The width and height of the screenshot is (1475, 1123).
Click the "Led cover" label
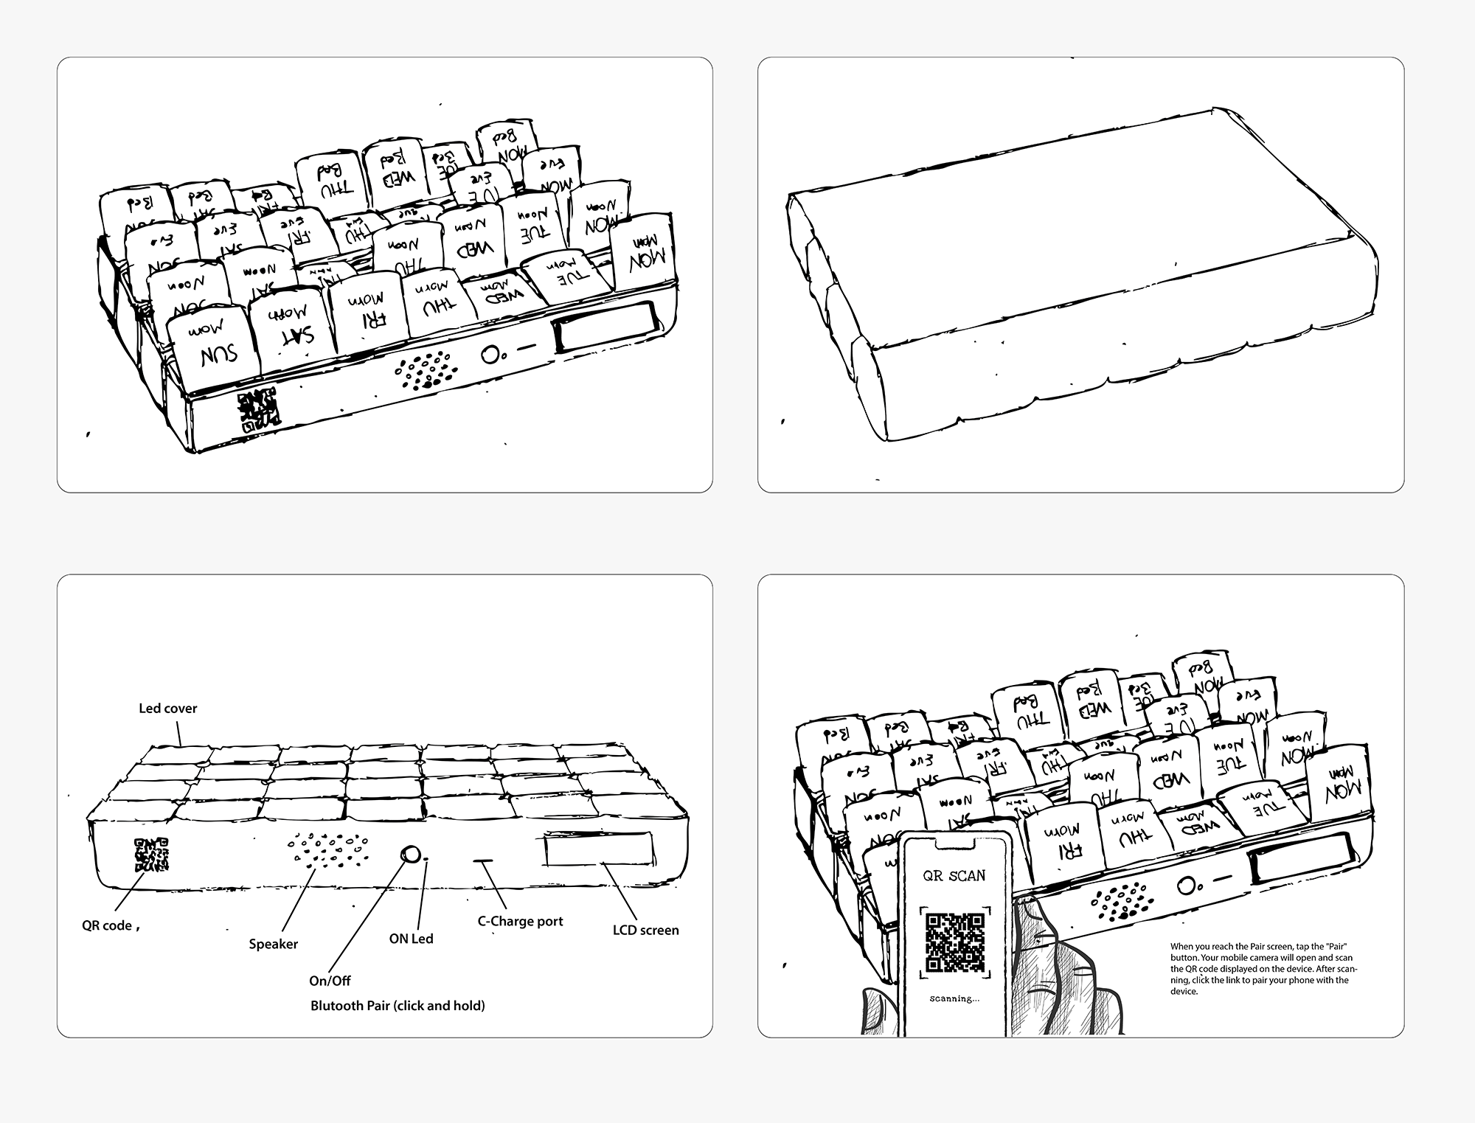point(167,709)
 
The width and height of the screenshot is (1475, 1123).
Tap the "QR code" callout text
point(107,925)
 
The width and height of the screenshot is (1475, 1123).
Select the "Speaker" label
point(273,944)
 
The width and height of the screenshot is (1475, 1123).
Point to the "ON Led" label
point(411,939)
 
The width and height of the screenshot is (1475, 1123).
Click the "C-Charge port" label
point(520,921)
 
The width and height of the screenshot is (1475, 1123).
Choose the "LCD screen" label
point(645,931)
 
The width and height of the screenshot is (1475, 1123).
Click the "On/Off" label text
point(330,981)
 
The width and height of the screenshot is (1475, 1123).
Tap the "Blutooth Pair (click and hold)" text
point(398,1006)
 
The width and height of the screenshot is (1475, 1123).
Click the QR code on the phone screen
point(955,942)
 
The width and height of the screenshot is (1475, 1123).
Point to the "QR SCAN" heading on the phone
point(954,876)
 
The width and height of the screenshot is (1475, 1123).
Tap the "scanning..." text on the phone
point(954,999)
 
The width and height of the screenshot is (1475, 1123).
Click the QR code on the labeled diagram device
point(152,855)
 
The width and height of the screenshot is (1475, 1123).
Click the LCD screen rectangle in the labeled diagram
point(599,849)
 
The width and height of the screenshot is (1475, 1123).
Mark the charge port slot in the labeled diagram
point(485,860)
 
